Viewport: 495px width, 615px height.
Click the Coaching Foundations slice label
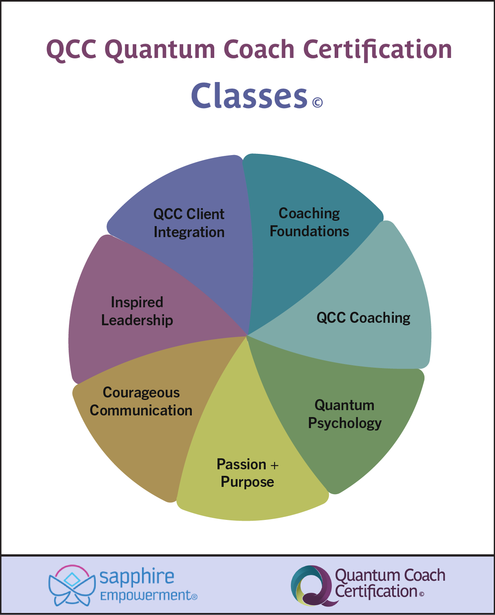[x=309, y=222]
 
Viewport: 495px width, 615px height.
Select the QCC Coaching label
[x=363, y=318]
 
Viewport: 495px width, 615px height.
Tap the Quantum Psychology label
[x=345, y=414]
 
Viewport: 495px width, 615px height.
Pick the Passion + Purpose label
[x=247, y=473]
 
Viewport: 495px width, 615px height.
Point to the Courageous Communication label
[x=141, y=402]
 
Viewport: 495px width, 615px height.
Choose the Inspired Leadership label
[x=137, y=311]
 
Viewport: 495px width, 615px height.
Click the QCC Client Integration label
[x=189, y=223]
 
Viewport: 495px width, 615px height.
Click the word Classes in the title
[x=249, y=96]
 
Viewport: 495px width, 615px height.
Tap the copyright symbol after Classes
[x=317, y=102]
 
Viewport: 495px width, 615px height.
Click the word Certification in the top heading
[x=377, y=49]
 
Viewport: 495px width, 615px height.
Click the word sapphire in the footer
[x=137, y=577]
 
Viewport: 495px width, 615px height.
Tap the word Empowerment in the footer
[x=146, y=596]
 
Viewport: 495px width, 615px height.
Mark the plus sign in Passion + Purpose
[x=274, y=465]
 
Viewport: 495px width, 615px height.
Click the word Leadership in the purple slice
[x=137, y=320]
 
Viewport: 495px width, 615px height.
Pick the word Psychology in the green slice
[x=345, y=424]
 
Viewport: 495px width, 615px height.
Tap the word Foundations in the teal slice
[x=309, y=231]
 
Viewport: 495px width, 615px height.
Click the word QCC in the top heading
[x=71, y=50]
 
